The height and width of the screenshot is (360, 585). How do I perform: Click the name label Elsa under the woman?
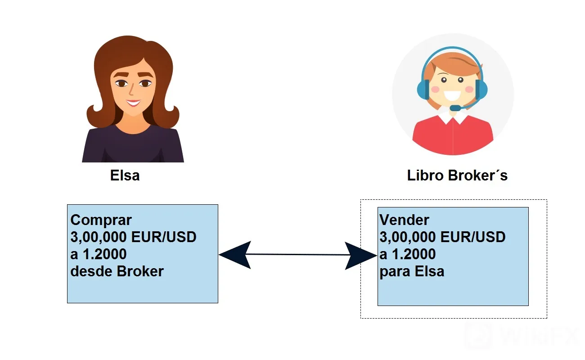[125, 175]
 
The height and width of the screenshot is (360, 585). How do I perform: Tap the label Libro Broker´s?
[457, 175]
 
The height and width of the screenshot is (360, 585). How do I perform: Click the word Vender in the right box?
[404, 220]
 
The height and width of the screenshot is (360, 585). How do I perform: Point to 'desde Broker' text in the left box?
[117, 271]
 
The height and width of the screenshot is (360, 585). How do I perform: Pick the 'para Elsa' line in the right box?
[412, 272]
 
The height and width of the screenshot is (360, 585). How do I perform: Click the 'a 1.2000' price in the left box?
[99, 254]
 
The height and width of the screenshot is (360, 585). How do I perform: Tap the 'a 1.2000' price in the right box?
[407, 254]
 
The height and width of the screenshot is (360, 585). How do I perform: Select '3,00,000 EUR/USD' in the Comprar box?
[133, 237]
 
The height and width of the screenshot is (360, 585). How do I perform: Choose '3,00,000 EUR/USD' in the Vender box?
[442, 237]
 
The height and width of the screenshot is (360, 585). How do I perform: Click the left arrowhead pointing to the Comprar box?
[235, 255]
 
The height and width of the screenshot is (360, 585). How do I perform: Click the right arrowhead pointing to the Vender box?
[361, 256]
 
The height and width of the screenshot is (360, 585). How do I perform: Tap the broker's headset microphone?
[455, 108]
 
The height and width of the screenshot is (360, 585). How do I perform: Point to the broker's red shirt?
[453, 136]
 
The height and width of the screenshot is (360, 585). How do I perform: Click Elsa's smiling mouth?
[133, 103]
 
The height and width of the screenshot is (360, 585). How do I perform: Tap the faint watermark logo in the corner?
[478, 336]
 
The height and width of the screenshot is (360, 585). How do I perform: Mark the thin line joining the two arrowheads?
[298, 254]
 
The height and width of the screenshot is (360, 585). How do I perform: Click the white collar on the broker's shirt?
[453, 117]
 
